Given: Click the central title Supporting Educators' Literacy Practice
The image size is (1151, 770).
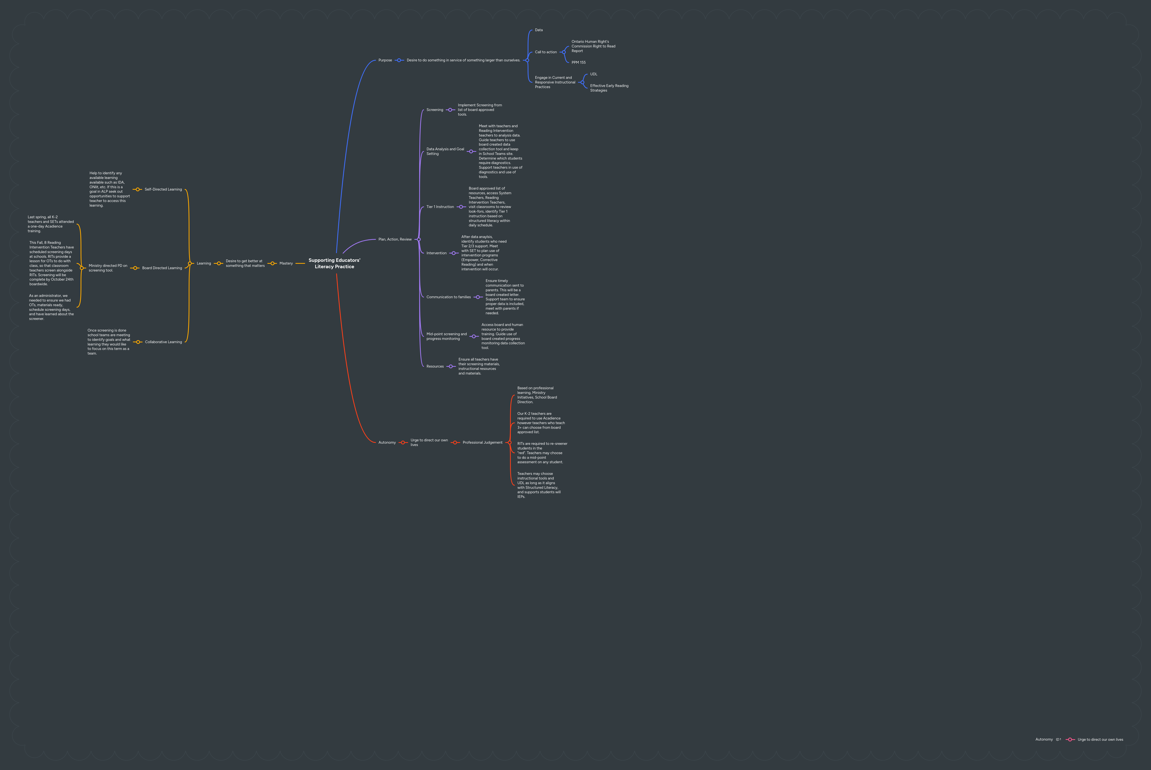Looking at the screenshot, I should pos(334,263).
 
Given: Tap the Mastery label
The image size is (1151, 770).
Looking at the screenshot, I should pos(286,263).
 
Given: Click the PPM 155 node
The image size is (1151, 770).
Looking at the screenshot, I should pos(578,62).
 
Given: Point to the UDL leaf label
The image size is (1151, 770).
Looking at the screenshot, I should pos(594,74).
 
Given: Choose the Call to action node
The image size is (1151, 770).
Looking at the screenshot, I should pos(545,52).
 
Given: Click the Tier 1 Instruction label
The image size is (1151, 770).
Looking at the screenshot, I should pos(440,207).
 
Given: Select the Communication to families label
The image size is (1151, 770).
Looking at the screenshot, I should pos(448,297).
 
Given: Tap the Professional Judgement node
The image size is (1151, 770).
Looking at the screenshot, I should pos(482,443).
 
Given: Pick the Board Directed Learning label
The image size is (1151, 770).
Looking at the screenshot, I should pos(162,268).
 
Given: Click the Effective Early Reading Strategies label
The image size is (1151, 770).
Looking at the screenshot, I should pos(609,88).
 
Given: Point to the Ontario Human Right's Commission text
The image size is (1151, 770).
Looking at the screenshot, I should pos(593,46).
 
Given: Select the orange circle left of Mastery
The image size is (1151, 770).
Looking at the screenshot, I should pos(273,263).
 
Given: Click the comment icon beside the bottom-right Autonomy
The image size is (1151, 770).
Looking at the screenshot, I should pos(1058,740).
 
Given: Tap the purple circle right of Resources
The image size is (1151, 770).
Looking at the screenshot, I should pos(450,366).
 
